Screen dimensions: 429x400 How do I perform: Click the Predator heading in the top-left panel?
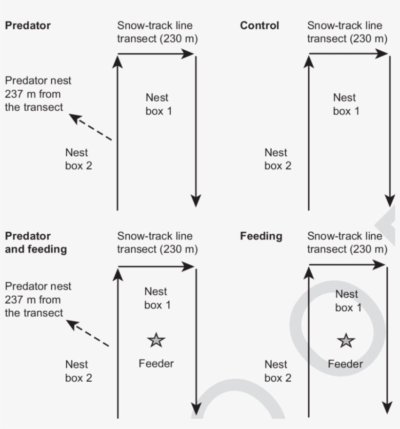click(x=28, y=25)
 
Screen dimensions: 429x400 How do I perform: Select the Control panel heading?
click(x=260, y=25)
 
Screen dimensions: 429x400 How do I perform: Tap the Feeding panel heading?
click(x=261, y=236)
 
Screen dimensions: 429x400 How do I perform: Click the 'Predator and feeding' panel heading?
click(x=36, y=243)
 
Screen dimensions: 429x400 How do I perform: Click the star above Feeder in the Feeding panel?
click(x=346, y=341)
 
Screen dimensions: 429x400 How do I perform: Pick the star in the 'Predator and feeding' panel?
click(x=156, y=340)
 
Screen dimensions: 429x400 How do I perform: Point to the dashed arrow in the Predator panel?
click(x=91, y=128)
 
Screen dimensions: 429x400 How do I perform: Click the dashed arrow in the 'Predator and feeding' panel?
click(x=88, y=334)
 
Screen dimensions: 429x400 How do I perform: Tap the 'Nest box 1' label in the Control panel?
click(x=345, y=104)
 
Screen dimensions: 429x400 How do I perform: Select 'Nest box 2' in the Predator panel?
click(x=79, y=159)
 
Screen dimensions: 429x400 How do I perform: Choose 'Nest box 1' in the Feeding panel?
click(x=347, y=301)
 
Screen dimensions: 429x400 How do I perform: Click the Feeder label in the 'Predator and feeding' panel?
click(x=156, y=363)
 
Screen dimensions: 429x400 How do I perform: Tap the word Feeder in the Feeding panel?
click(x=345, y=364)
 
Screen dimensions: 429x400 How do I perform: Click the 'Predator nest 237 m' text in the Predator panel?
click(x=38, y=93)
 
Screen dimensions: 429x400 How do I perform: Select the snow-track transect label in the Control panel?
click(x=347, y=32)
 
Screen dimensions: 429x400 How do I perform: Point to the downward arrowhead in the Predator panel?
click(x=196, y=201)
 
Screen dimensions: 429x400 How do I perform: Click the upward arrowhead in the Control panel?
click(x=309, y=61)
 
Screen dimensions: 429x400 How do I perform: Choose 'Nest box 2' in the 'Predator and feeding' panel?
click(x=79, y=371)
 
